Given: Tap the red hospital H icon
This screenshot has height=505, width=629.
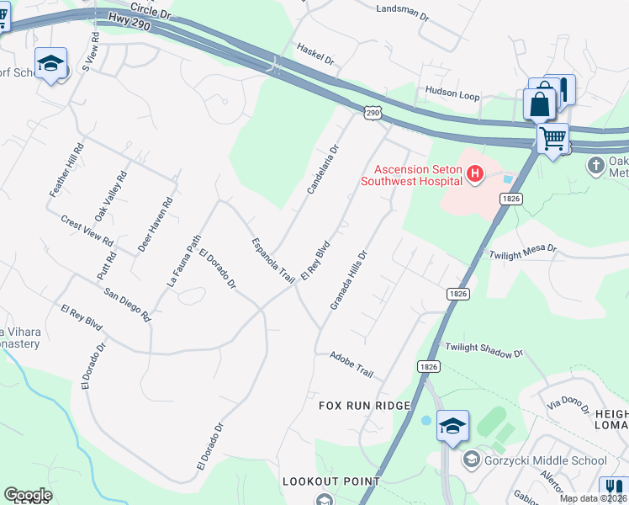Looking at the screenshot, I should pyautogui.click(x=475, y=174).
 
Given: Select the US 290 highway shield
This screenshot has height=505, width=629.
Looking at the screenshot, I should pyautogui.click(x=373, y=112).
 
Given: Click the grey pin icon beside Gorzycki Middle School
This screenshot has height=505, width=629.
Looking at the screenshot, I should pyautogui.click(x=472, y=460).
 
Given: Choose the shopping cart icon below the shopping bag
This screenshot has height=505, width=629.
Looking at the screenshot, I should pyautogui.click(x=552, y=136).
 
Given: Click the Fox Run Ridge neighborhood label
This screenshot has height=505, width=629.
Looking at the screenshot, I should pyautogui.click(x=364, y=406).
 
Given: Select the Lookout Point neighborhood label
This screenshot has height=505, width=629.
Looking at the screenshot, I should pyautogui.click(x=330, y=482).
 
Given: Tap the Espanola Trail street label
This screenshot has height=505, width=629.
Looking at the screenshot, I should pyautogui.click(x=273, y=259).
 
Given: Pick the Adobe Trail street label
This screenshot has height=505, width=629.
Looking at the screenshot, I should pyautogui.click(x=351, y=365).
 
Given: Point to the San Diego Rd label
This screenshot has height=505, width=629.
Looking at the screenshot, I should pyautogui.click(x=127, y=306).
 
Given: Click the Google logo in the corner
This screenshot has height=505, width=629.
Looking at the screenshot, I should pyautogui.click(x=28, y=495).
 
